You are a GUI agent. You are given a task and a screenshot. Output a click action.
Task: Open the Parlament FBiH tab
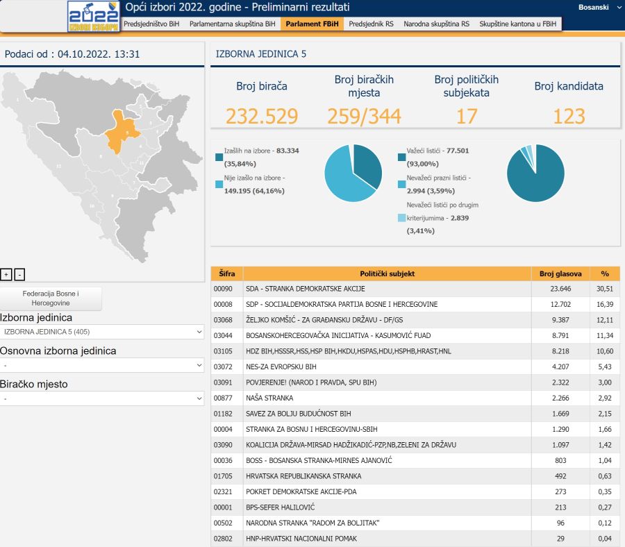click(x=312, y=24)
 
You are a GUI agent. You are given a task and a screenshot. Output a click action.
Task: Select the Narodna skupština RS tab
click(x=436, y=24)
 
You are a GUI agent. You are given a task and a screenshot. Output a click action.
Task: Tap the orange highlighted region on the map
click(x=122, y=132)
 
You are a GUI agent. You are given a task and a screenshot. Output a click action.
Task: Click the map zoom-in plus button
click(x=6, y=274)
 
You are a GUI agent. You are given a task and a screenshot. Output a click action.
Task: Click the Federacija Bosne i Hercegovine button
click(x=51, y=298)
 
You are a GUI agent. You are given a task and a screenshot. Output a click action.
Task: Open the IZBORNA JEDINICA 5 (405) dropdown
click(x=102, y=332)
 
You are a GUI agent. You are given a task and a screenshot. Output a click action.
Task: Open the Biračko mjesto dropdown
click(x=102, y=398)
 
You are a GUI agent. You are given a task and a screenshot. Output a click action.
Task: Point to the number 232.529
click(x=262, y=116)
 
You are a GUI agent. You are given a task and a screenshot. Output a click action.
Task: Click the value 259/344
click(x=364, y=116)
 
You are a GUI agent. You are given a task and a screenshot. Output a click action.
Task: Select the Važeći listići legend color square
click(x=402, y=157)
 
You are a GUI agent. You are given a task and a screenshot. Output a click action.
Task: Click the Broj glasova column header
click(x=560, y=273)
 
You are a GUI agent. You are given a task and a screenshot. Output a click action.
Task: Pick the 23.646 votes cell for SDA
click(x=560, y=289)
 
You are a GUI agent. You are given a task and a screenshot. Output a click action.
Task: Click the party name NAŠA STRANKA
click(x=269, y=398)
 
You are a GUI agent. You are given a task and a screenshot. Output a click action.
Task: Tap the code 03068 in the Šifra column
click(x=223, y=319)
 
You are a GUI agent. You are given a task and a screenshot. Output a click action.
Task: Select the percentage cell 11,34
click(x=605, y=335)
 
